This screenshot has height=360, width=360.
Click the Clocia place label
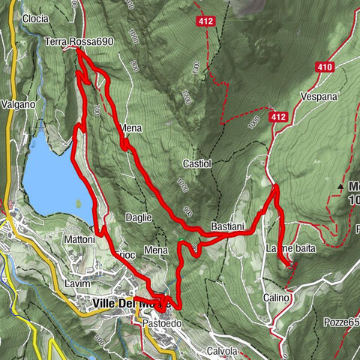[x=36, y=18]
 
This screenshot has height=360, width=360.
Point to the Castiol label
[x=195, y=163]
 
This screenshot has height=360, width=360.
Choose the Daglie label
[x=139, y=217]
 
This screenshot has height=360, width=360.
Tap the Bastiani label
[x=227, y=226]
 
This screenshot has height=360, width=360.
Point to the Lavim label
[x=77, y=284]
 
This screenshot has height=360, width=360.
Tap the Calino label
[x=276, y=298]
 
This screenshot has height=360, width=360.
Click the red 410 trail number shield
[x=325, y=67]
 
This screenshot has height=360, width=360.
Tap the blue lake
[x=52, y=176]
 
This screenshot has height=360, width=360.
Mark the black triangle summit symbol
[x=341, y=185]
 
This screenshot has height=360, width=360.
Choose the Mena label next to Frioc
[x=156, y=250]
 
